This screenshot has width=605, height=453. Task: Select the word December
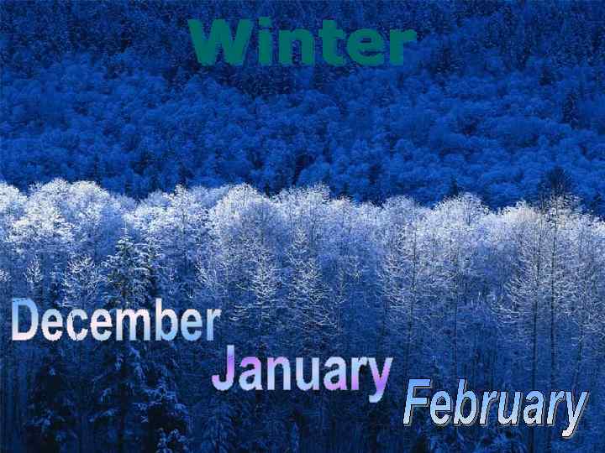coord(116,323)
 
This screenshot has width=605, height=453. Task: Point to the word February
coord(494,407)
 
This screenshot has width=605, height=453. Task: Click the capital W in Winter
coord(220,44)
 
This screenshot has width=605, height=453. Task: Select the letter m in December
coord(129,325)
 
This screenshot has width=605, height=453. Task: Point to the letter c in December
coord(77,325)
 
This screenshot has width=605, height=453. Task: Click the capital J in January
coord(224,371)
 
